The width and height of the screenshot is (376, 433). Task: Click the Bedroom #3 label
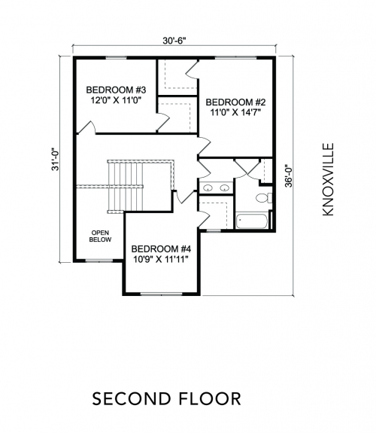click(116, 90)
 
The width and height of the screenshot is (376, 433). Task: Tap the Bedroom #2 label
click(235, 102)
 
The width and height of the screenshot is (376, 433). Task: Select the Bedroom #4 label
click(161, 249)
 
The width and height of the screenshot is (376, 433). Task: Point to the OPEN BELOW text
click(101, 236)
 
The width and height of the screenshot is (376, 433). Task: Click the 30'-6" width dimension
click(174, 41)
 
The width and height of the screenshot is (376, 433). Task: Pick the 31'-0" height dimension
click(56, 160)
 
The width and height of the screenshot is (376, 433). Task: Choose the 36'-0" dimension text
click(288, 176)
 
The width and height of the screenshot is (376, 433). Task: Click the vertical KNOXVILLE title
click(328, 179)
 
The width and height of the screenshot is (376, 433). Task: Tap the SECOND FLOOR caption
click(167, 399)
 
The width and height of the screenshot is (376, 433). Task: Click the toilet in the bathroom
click(264, 198)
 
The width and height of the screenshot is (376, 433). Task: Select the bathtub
click(252, 221)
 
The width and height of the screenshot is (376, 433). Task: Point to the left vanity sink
click(208, 188)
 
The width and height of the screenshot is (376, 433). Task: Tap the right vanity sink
click(225, 188)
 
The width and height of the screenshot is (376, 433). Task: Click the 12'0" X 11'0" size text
click(116, 100)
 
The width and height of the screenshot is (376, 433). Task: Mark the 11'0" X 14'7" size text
click(236, 112)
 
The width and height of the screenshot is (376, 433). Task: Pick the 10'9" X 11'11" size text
click(161, 259)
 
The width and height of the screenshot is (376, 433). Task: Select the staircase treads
click(126, 187)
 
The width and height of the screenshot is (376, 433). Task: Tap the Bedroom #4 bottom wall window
click(161, 294)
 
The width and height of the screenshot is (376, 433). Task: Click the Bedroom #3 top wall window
click(116, 58)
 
